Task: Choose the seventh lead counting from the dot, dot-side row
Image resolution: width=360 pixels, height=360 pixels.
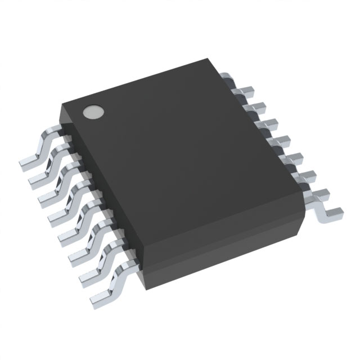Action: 88,270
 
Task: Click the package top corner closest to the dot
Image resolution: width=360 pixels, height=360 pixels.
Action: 63,101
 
